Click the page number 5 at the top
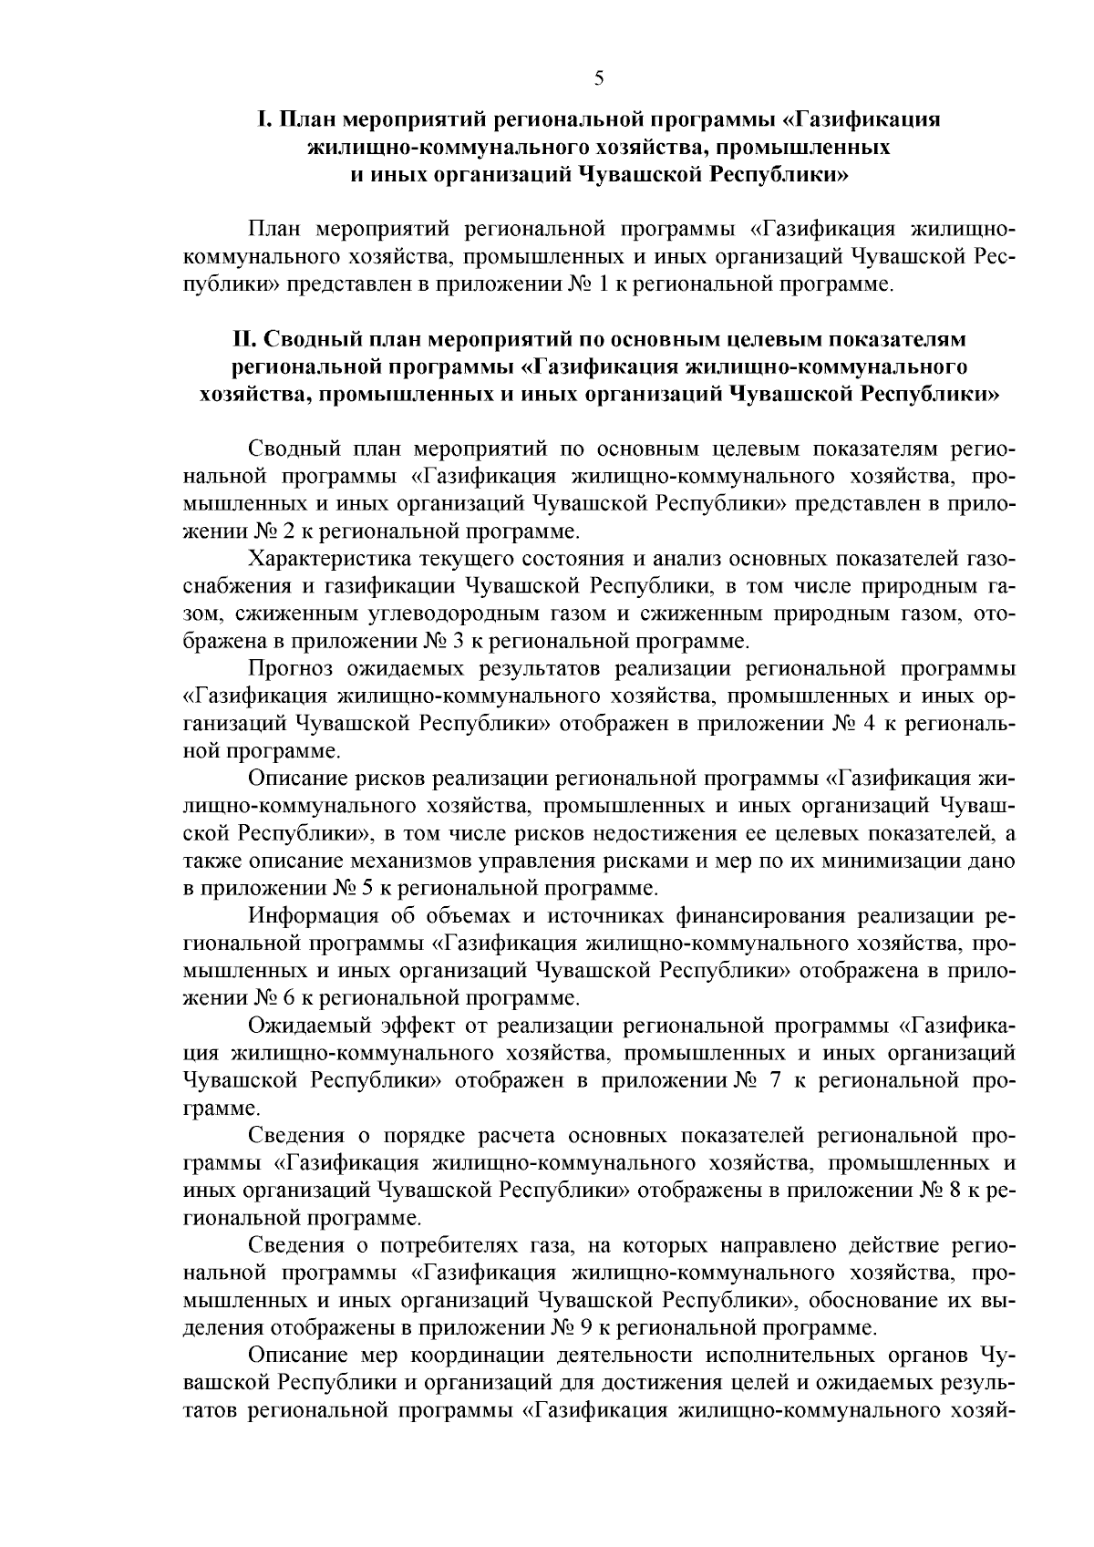click(599, 77)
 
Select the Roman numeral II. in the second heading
click(242, 339)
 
